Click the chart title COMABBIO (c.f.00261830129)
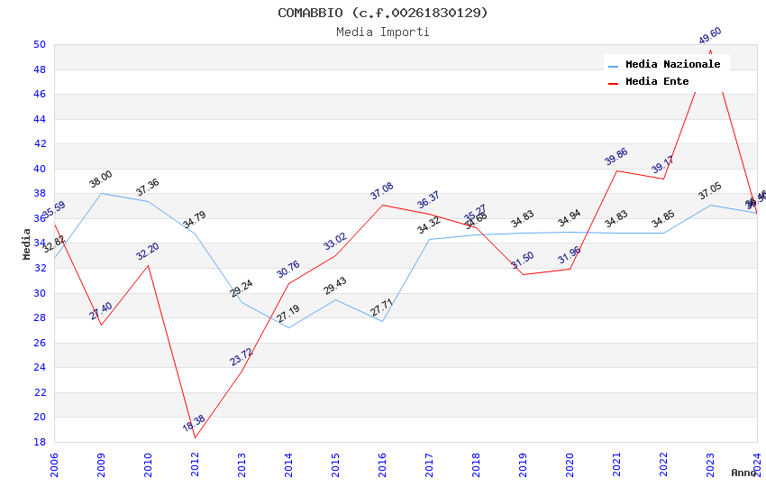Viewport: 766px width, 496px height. coord(383,13)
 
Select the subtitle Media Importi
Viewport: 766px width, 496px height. coord(383,32)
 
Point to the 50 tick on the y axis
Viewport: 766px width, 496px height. coord(40,45)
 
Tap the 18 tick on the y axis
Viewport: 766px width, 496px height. coord(40,442)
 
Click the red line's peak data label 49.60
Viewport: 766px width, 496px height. coord(710,36)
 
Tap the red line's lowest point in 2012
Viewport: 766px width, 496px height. coord(195,437)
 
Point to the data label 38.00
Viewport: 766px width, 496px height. coord(101,179)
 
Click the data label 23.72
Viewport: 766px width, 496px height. coord(241,357)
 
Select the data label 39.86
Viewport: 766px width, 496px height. coord(616,156)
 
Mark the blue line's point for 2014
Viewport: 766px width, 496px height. coord(288,327)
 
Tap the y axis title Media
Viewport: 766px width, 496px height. coord(27,243)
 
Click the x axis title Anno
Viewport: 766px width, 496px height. coord(743,473)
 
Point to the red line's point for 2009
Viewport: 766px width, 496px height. coord(101,325)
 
